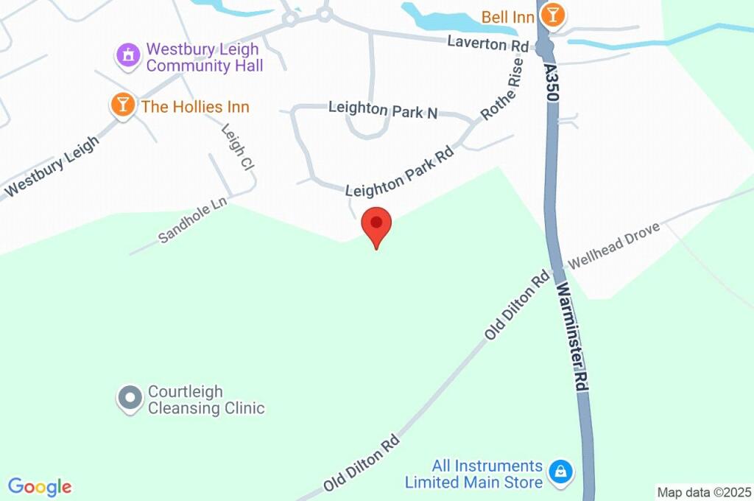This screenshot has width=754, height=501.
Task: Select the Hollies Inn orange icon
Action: point(122,105)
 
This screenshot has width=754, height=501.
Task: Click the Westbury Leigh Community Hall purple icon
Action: point(128,55)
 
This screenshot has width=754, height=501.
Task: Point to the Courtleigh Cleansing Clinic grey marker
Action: point(130,398)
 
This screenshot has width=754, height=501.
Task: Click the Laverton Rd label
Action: point(487,44)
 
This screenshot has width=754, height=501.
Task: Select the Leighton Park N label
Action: point(383,111)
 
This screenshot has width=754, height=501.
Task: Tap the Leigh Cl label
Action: point(238,148)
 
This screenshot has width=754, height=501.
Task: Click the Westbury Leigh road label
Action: point(52,167)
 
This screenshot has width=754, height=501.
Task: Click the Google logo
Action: point(40,487)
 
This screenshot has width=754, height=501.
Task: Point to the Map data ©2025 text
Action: point(704,492)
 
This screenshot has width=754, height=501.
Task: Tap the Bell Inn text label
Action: point(508,16)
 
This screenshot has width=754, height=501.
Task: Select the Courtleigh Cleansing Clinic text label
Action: point(205,399)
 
